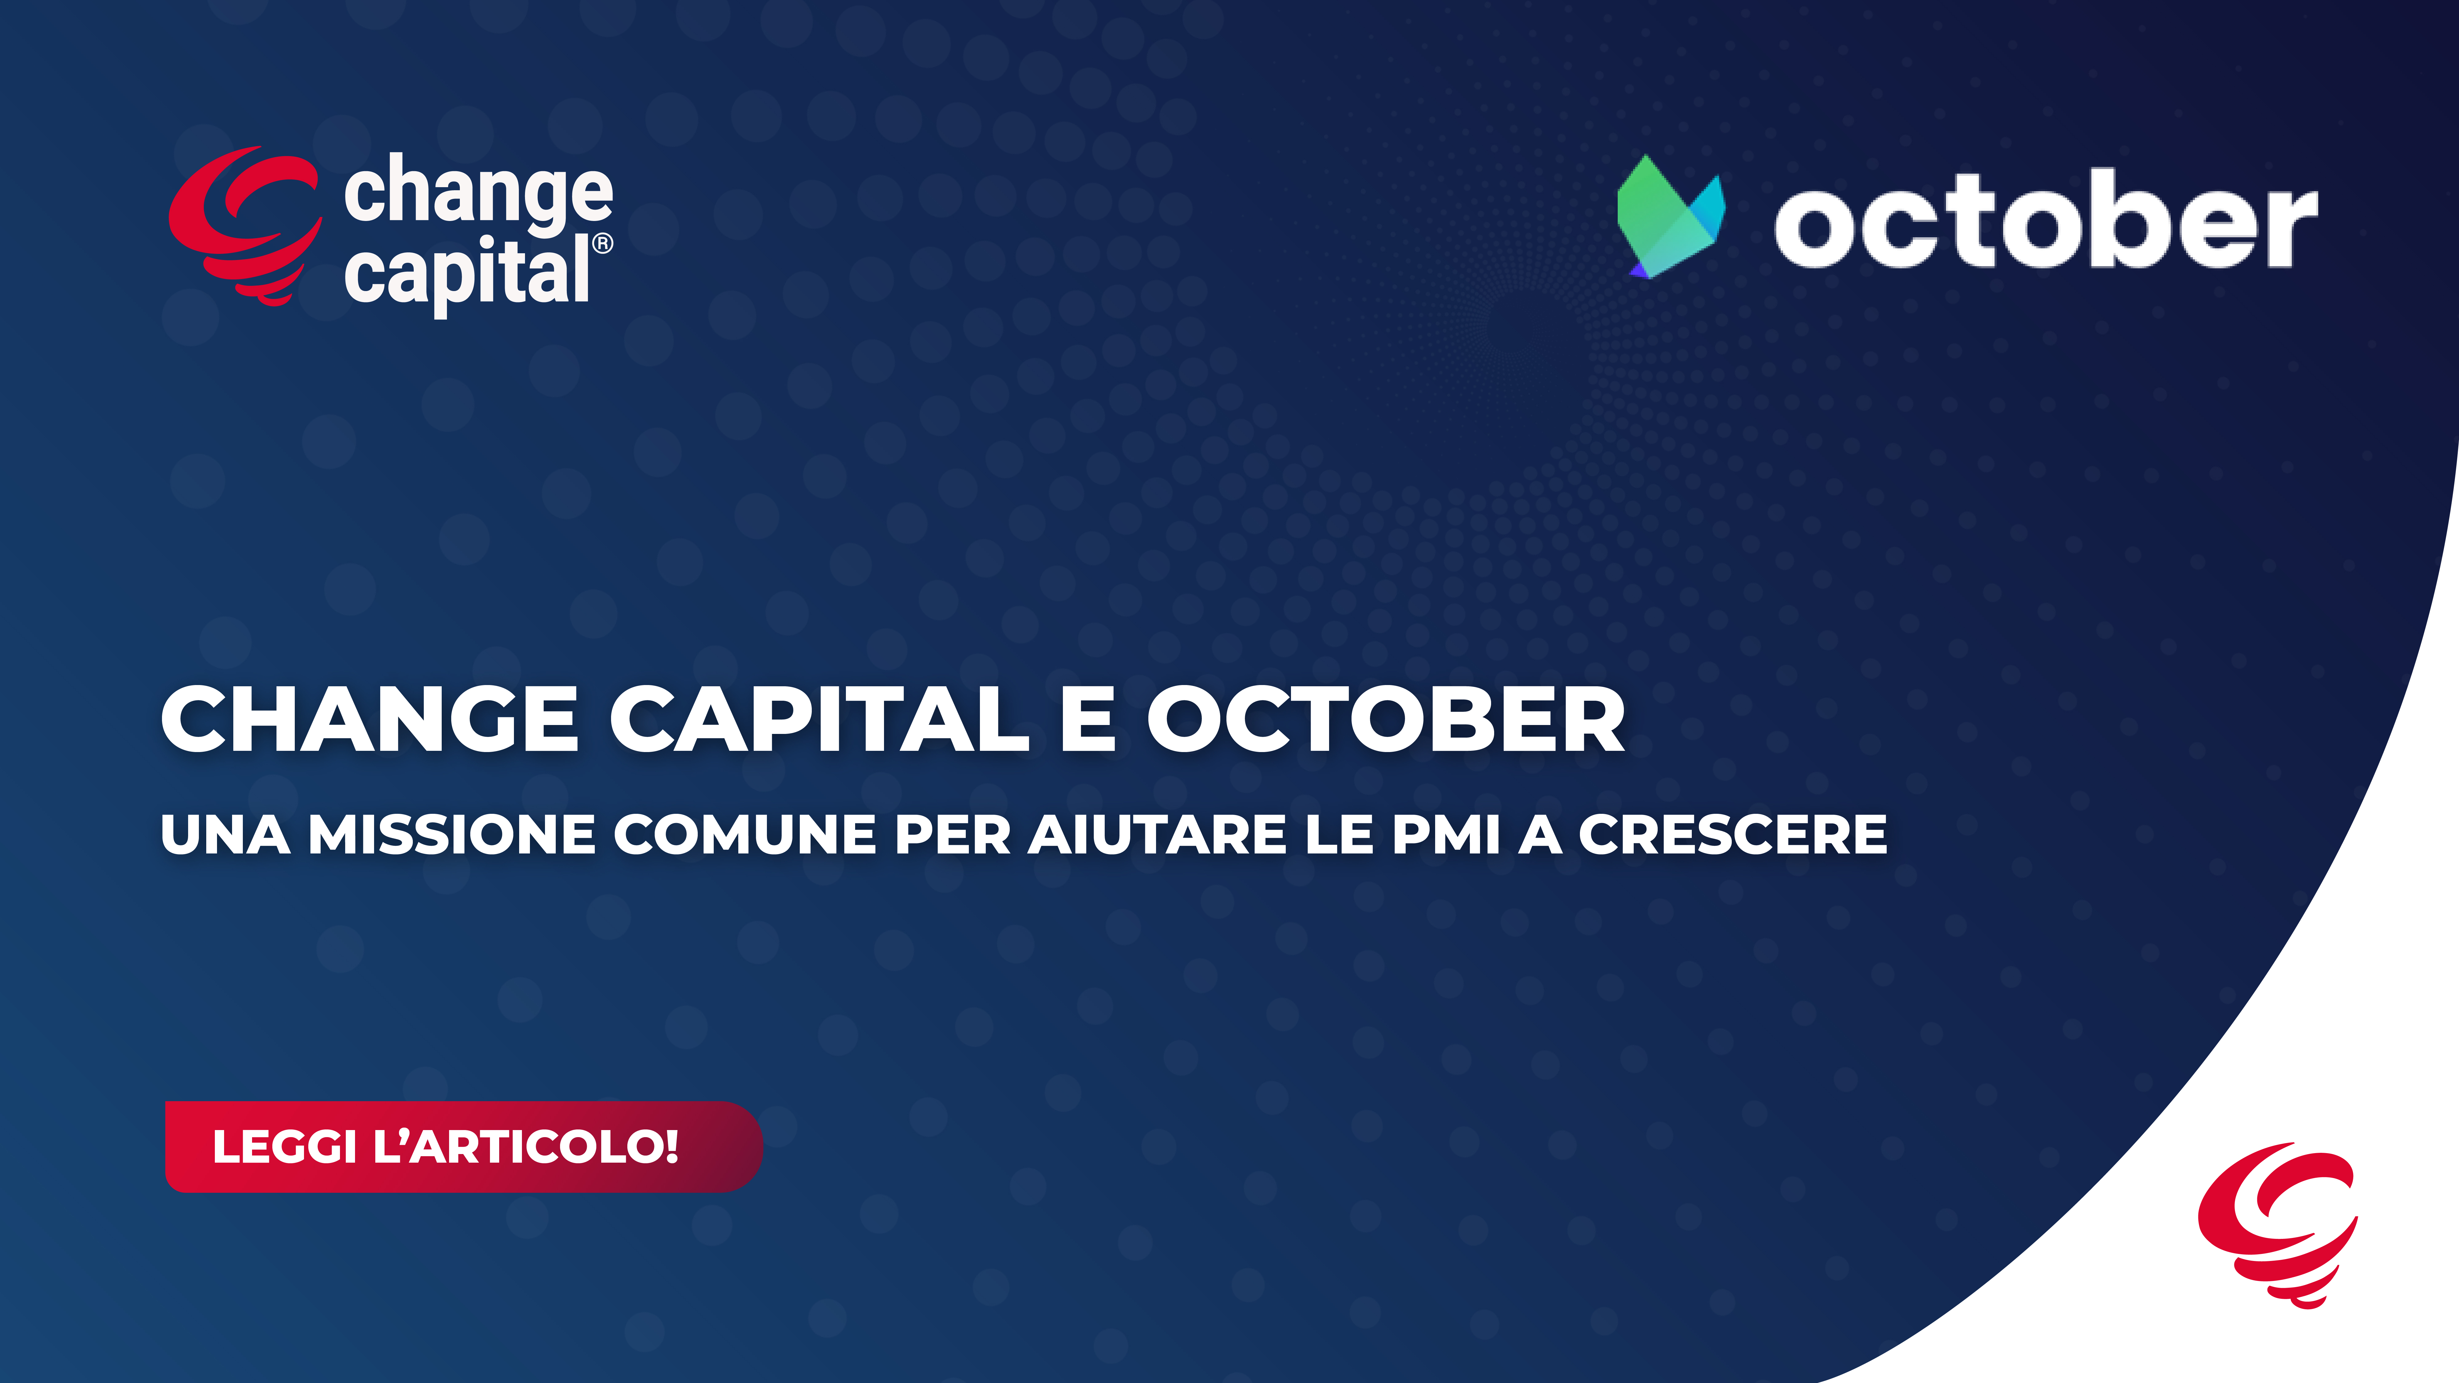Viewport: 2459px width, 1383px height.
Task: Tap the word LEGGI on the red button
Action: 284,1146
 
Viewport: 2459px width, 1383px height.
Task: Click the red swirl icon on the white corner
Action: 2278,1224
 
